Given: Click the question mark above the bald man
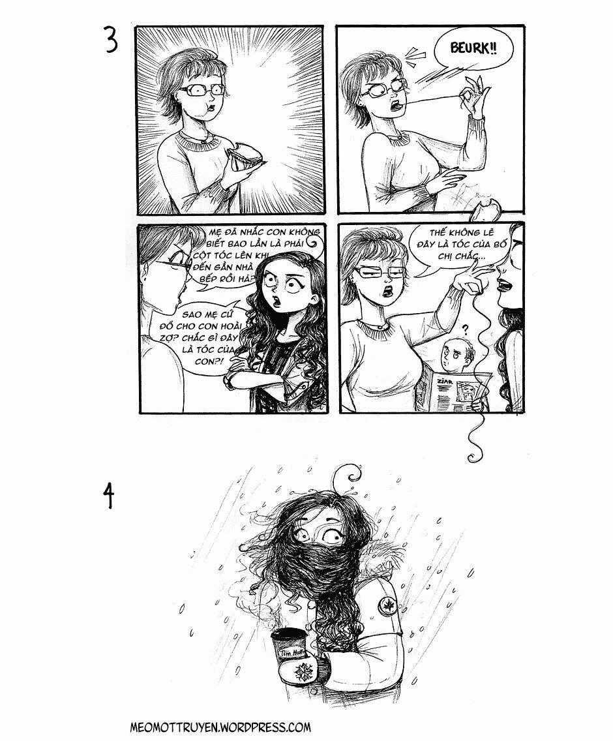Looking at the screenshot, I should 465,329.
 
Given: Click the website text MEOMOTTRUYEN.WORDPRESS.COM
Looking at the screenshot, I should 220,727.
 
